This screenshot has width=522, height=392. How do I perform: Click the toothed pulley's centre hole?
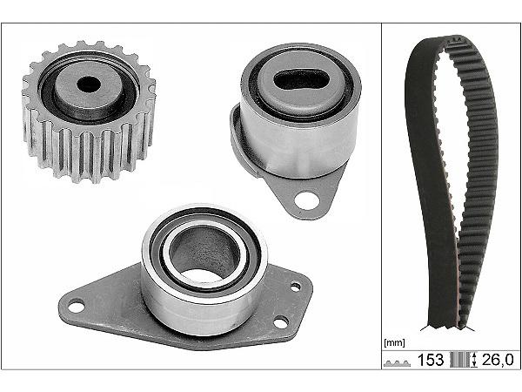tap(89, 84)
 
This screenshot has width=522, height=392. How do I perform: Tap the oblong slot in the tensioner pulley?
tap(301, 79)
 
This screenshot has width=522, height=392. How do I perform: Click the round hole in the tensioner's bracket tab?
tap(306, 200)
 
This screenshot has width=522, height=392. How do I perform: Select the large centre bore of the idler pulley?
tap(204, 254)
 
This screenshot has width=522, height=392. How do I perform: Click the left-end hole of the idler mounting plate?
tap(77, 307)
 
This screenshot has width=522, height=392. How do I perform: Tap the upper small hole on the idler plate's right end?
tap(296, 287)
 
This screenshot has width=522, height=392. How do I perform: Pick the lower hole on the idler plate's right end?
tap(280, 322)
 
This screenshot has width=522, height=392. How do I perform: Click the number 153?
tap(431, 360)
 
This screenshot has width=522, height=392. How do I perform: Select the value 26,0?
tap(498, 360)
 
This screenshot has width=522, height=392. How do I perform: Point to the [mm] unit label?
tap(394, 342)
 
